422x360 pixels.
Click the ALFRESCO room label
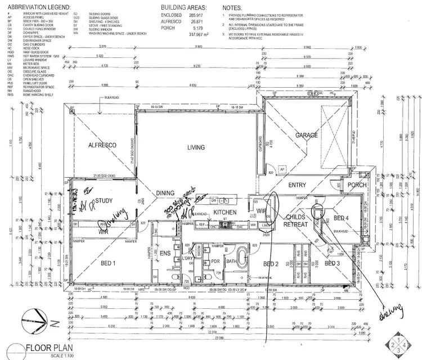[102, 145]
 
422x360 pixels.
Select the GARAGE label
[307, 135]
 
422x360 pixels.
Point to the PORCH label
[357, 184]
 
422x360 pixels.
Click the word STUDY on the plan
[105, 200]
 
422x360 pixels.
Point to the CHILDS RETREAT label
[297, 220]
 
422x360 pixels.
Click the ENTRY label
[297, 185]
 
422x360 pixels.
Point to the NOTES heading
[232, 7]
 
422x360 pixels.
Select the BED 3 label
[332, 263]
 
